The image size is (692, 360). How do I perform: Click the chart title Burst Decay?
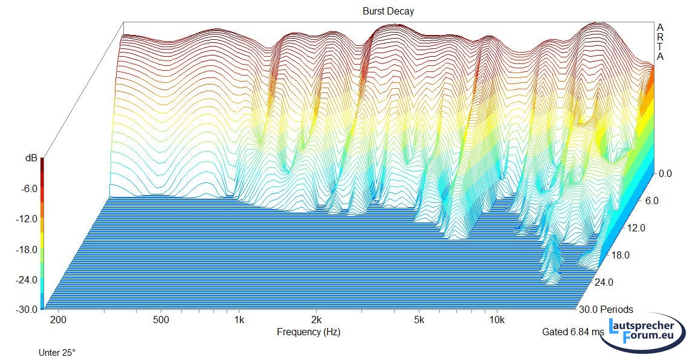click(x=388, y=11)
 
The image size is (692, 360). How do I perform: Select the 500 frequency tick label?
click(x=161, y=319)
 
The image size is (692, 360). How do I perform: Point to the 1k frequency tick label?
click(x=239, y=319)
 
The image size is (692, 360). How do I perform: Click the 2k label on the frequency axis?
click(x=316, y=319)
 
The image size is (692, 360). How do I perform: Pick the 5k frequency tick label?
click(x=419, y=319)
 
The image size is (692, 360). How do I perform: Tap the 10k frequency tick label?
click(x=497, y=319)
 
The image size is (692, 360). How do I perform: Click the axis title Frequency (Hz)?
click(x=309, y=332)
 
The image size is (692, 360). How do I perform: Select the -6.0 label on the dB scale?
click(x=28, y=188)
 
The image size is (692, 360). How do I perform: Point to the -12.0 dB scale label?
click(x=26, y=219)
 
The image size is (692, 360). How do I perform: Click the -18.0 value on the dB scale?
click(x=26, y=249)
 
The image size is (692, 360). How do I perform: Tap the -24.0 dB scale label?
click(x=26, y=280)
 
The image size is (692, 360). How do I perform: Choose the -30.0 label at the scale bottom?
click(x=26, y=309)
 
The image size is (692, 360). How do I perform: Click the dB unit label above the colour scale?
click(x=31, y=158)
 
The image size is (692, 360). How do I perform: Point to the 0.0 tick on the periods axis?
click(x=665, y=173)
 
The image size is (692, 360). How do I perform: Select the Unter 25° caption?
click(x=57, y=352)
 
